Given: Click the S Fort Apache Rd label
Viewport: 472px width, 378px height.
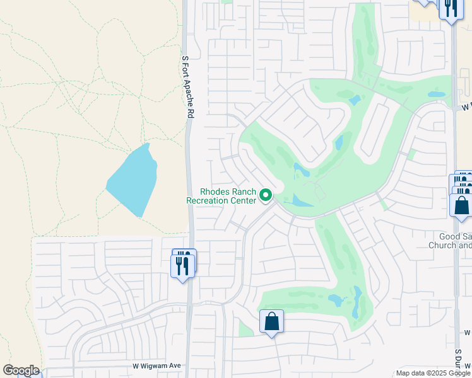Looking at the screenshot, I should pos(187,87).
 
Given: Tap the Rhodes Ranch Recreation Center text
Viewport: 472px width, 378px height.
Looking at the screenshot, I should pos(220,196).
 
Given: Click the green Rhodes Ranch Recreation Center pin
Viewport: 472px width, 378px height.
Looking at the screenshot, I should pos(266,197).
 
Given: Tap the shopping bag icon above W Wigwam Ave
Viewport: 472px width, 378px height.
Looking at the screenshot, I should pos(271,321).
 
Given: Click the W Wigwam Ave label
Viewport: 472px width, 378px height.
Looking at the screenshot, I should pos(156,365).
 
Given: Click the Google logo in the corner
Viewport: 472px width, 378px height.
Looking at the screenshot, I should pos(21,370).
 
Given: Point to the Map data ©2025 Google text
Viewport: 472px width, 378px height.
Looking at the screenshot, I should pos(433,373).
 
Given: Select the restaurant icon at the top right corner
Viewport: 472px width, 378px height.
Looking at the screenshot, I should pos(450,8).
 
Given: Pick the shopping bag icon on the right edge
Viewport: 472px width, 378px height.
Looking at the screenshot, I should pos(461,205).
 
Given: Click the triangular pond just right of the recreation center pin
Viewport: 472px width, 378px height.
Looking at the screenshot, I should pos(300,201).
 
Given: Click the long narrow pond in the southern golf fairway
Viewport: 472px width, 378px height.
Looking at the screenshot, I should pos(358,302).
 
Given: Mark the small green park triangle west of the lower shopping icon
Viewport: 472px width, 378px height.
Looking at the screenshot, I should pos(246,328).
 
